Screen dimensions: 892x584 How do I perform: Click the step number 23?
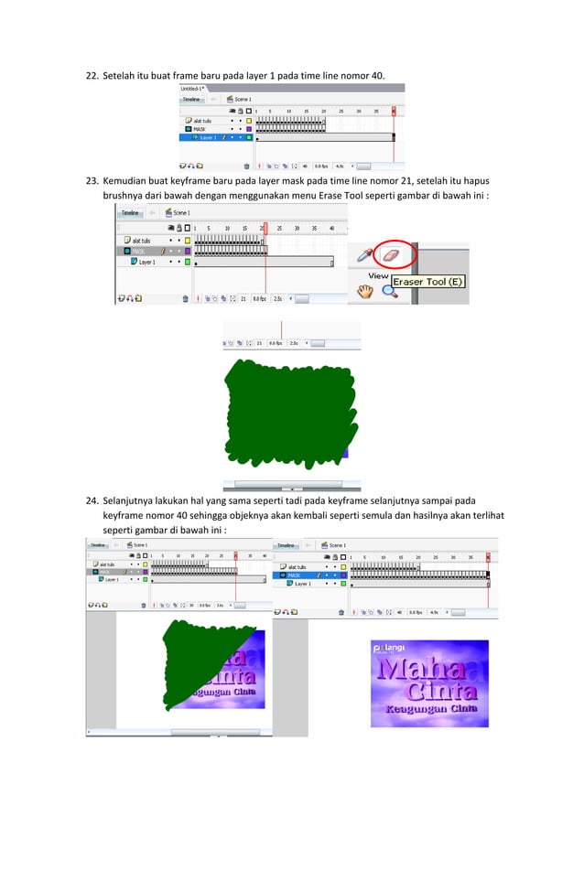92,181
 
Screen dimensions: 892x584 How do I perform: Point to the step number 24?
92,501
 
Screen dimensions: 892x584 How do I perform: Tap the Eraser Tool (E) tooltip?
429,282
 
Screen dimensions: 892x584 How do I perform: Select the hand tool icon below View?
365,291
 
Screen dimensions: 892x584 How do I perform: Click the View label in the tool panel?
379,274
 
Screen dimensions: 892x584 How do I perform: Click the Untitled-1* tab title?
193,89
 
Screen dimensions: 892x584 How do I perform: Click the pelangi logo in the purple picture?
390,647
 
